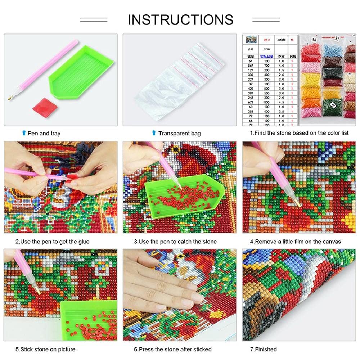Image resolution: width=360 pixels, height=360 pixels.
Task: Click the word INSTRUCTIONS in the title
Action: click(x=180, y=19)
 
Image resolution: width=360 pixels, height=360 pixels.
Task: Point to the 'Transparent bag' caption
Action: click(x=179, y=134)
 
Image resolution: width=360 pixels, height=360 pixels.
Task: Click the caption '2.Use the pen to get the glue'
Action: click(x=52, y=242)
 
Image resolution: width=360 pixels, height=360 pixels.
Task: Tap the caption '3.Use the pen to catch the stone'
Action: click(x=175, y=242)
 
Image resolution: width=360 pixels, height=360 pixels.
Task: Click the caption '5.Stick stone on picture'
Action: click(x=45, y=349)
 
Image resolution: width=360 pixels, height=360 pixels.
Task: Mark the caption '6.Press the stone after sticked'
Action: click(x=172, y=349)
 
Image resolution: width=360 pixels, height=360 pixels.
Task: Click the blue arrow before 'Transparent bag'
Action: click(x=154, y=133)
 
